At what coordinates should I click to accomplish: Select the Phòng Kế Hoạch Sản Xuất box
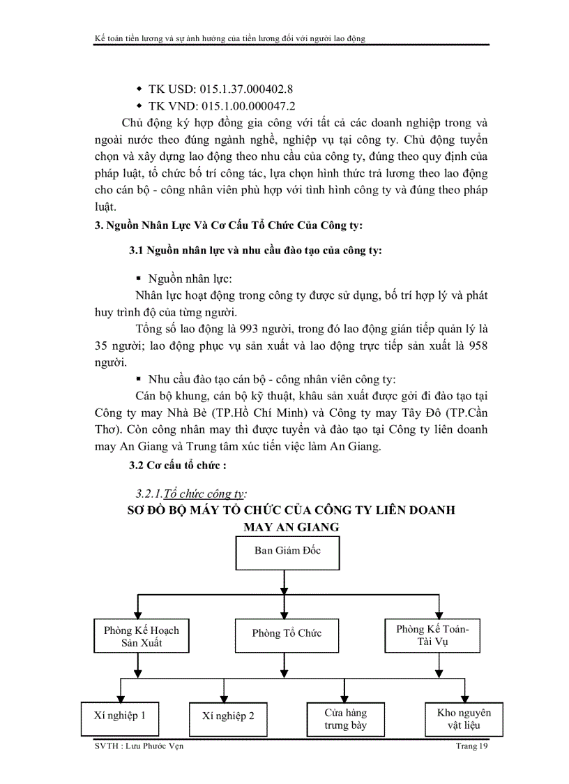(x=141, y=636)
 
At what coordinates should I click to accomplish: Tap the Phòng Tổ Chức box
(x=287, y=633)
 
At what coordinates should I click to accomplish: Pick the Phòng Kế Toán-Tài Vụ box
(x=432, y=633)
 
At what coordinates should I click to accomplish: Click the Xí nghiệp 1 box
(x=120, y=716)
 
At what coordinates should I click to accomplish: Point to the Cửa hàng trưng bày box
(x=345, y=719)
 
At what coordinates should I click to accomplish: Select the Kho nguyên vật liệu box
(x=464, y=718)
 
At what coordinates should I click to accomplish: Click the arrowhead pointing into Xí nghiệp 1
(x=122, y=695)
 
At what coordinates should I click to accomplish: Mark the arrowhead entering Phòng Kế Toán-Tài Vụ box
(x=432, y=612)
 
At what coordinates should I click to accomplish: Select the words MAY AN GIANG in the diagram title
(x=291, y=526)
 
